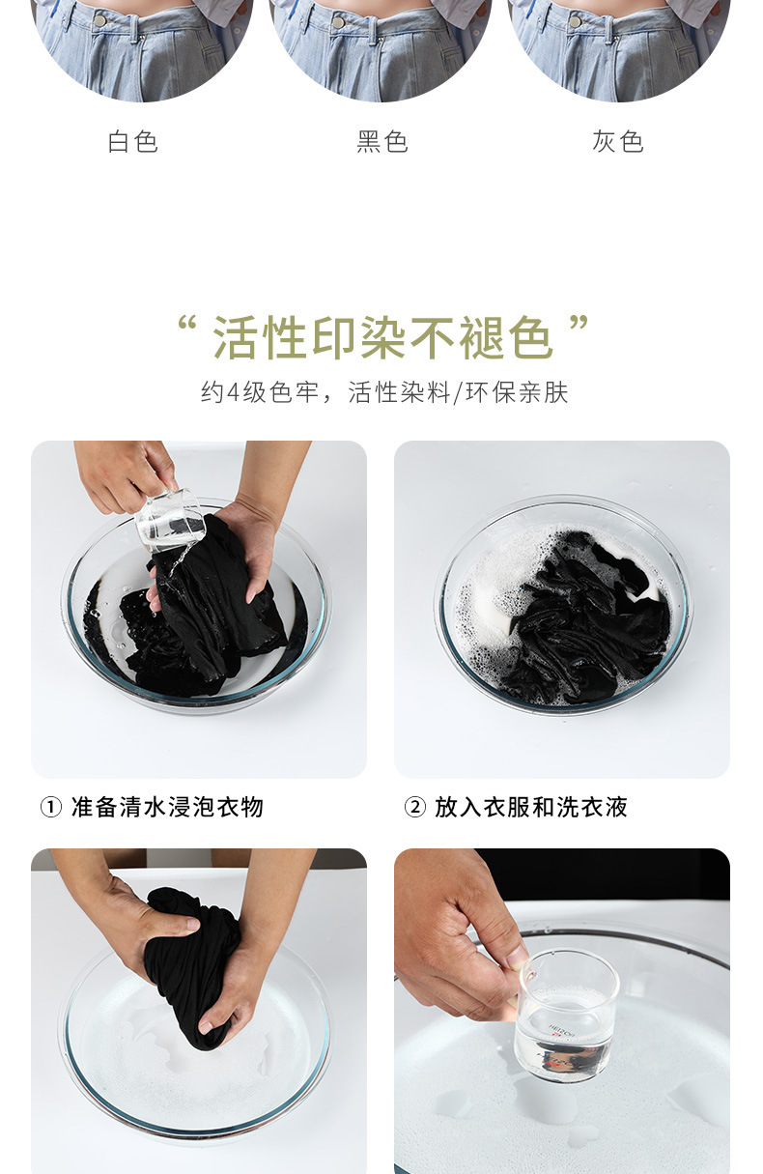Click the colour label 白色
point(132,141)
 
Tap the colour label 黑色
point(382,141)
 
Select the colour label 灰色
point(618,141)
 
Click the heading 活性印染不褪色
point(383,337)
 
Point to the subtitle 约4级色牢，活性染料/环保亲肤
point(384,392)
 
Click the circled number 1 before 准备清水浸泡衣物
point(51,807)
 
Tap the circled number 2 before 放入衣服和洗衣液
point(414,807)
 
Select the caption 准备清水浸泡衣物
point(167,807)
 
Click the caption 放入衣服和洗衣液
point(531,807)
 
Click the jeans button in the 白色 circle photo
point(99,21)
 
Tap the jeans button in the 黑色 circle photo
point(338,22)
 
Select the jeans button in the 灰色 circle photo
point(576,22)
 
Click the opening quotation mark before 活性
point(187,323)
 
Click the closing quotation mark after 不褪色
point(579,323)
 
